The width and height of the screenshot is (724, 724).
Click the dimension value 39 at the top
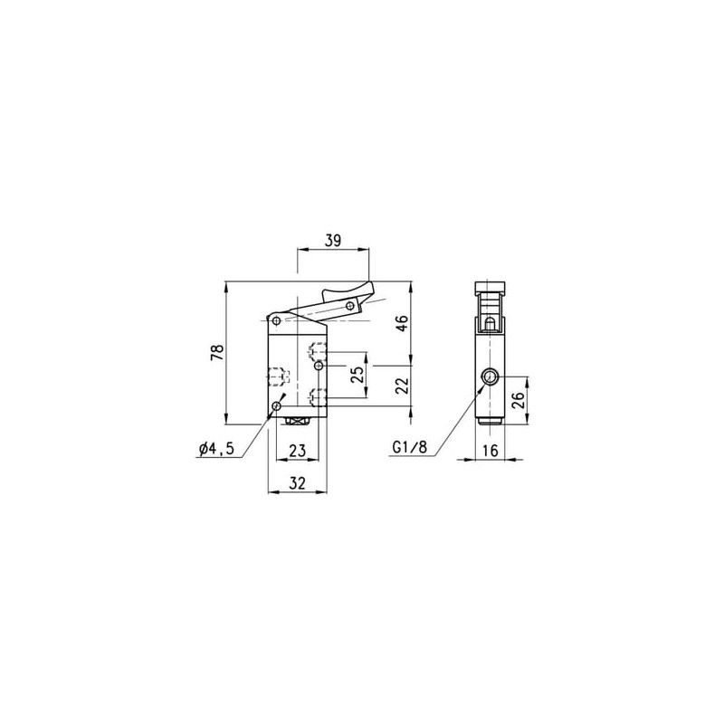click(x=333, y=241)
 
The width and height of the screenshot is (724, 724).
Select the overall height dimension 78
click(x=217, y=353)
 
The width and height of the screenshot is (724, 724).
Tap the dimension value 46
click(x=402, y=323)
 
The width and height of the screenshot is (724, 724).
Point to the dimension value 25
click(x=357, y=375)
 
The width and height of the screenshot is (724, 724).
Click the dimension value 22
click(x=402, y=386)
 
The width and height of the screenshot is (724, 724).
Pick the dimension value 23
click(x=298, y=450)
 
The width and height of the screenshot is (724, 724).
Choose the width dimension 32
click(x=298, y=483)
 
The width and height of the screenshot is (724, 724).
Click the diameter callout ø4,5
click(x=217, y=448)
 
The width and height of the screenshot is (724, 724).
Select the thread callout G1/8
click(x=410, y=447)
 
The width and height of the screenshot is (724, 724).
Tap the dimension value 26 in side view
click(x=519, y=400)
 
